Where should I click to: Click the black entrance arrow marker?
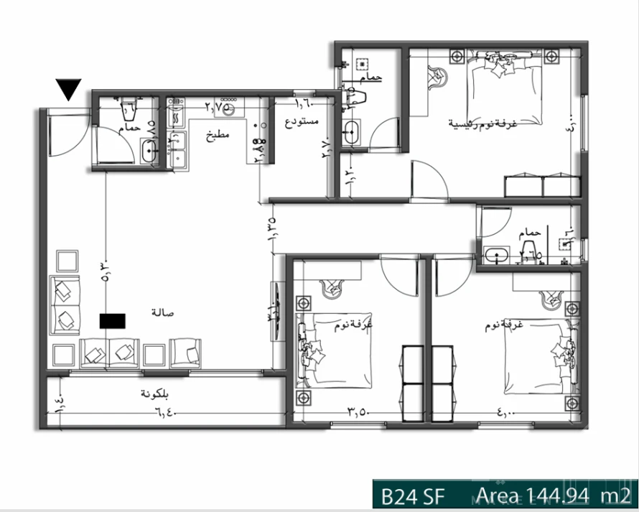tap(69, 89)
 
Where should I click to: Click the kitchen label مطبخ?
tap(218, 135)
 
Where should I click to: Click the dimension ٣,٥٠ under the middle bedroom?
tap(359, 413)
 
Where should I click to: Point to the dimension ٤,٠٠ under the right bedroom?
tap(505, 413)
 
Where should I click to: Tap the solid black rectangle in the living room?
tap(113, 320)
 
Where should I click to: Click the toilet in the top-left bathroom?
tap(129, 108)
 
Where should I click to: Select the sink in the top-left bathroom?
tap(150, 151)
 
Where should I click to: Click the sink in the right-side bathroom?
tap(495, 255)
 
